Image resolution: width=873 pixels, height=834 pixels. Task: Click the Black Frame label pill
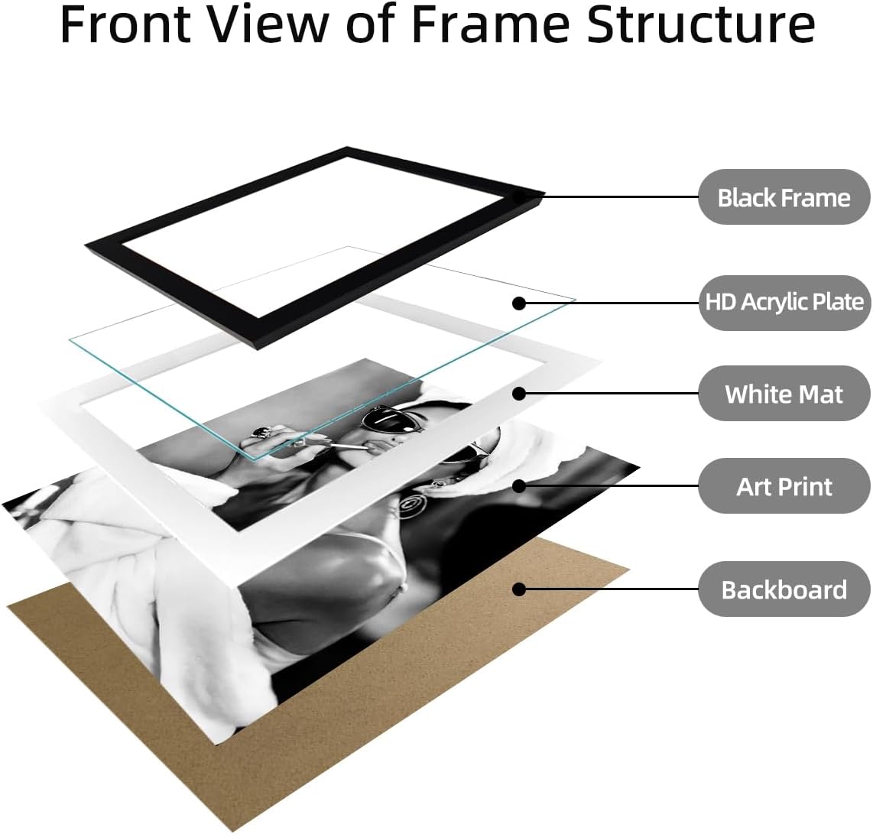[784, 197]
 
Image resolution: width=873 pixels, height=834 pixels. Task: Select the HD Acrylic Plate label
[784, 302]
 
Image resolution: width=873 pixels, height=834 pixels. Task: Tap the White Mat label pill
[784, 394]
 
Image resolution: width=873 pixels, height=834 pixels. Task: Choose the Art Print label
[784, 486]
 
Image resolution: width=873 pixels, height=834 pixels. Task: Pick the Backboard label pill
[784, 589]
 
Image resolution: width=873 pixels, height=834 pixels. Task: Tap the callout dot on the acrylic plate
[519, 303]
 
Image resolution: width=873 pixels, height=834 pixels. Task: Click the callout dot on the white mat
[519, 394]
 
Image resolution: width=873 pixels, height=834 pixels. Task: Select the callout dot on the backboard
[519, 589]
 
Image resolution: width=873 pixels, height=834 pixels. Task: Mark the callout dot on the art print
[519, 486]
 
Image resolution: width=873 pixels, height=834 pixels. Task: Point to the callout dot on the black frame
[519, 196]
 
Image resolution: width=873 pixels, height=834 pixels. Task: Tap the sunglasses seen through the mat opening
[393, 421]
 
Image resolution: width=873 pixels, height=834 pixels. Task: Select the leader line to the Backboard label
[609, 589]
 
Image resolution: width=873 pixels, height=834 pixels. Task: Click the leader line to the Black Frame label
[609, 196]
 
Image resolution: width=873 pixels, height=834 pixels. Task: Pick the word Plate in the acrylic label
[839, 302]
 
